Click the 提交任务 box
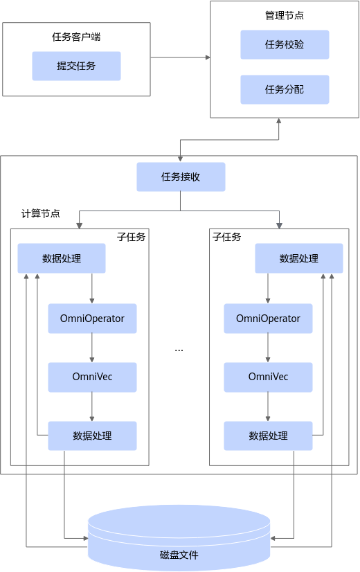[x=76, y=66]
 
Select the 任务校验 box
[x=285, y=44]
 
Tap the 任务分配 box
[x=285, y=89]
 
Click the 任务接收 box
[x=181, y=177]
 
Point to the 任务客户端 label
[x=76, y=37]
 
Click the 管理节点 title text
[x=285, y=15]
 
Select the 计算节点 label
[x=40, y=213]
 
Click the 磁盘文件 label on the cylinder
[x=179, y=555]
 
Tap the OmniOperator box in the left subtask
[x=92, y=319]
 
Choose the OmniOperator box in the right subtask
[x=268, y=319]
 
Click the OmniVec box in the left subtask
[x=92, y=377]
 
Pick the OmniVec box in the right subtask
[x=268, y=377]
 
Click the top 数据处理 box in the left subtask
[x=62, y=258]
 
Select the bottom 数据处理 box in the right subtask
[x=268, y=436]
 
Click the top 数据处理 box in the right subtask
[x=299, y=258]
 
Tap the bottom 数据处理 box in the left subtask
[x=92, y=436]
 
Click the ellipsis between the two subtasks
[x=179, y=350]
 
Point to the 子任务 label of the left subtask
[x=132, y=237]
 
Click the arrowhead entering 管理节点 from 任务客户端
[x=208, y=57]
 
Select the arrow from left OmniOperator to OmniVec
[x=92, y=348]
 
